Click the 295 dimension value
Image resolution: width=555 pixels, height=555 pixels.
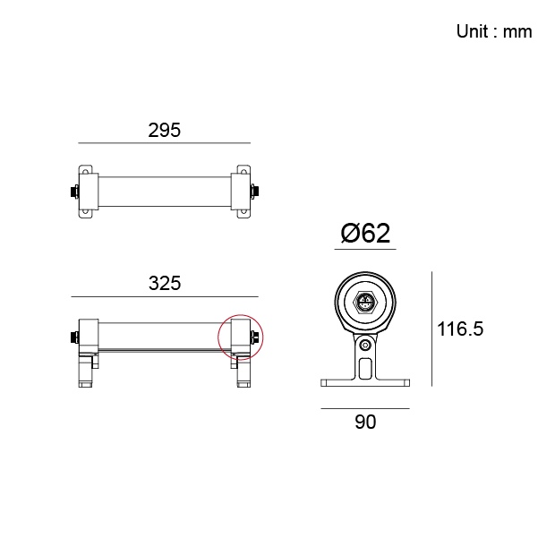click(x=164, y=131)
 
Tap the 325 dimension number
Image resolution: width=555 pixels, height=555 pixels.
click(x=165, y=283)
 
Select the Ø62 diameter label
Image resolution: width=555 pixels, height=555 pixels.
click(x=365, y=234)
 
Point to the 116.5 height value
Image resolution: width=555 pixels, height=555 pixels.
click(x=460, y=329)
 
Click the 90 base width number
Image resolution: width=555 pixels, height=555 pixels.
click(x=365, y=422)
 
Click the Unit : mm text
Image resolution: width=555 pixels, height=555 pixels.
click(x=494, y=31)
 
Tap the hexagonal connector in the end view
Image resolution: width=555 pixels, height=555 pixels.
click(x=365, y=303)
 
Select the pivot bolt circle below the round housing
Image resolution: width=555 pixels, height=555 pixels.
click(x=365, y=345)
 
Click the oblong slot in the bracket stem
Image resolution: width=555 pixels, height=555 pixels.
click(x=365, y=369)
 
